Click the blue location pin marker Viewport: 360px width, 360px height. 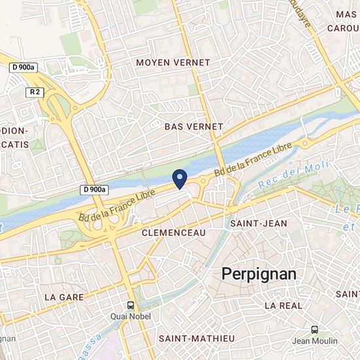tap(179, 179)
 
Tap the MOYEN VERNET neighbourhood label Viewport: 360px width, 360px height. tap(173, 62)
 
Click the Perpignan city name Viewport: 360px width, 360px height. tap(259, 274)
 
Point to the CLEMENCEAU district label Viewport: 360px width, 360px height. tap(173, 232)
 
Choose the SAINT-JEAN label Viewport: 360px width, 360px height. tap(259, 223)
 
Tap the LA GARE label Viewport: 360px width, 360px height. tap(63, 296)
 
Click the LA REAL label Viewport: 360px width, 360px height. tap(283, 305)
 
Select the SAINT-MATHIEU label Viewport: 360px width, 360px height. tap(196, 338)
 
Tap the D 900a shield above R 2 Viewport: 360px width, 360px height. tap(24, 67)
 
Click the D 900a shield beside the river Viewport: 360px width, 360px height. tap(95, 190)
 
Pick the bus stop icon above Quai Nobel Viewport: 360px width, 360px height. tap(131, 306)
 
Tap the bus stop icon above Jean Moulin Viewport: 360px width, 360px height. tap(315, 330)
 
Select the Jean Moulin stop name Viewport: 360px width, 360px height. tap(315, 340)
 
